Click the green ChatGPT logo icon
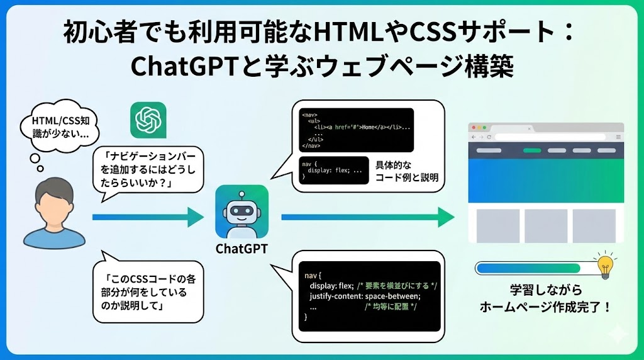(148, 121)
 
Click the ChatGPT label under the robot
(241, 249)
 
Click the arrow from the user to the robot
(148, 217)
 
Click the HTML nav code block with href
(356, 130)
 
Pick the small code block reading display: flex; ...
(334, 171)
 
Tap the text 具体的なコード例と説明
(406, 171)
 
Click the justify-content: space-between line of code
(365, 296)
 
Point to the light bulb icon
(604, 267)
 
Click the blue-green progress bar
(535, 269)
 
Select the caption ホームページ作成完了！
(545, 308)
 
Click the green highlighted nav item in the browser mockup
(532, 151)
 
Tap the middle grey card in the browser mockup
(546, 225)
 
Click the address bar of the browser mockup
(550, 137)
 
